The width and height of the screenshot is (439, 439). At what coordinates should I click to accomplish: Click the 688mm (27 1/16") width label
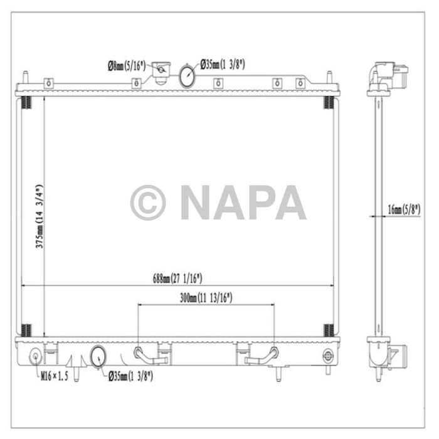point(178,278)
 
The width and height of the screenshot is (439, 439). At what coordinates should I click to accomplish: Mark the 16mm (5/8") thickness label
point(403,210)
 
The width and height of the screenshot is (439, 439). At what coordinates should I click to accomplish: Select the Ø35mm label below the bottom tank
point(132,376)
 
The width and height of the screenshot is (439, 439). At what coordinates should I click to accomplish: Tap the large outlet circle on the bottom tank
point(98,356)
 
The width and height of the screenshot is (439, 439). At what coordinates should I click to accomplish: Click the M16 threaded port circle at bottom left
point(35,358)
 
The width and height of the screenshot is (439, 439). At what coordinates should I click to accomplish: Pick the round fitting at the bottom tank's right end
point(327,357)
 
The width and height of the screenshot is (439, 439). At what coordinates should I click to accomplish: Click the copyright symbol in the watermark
point(148,202)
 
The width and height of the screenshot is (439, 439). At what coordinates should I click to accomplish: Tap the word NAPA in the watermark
point(243,202)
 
